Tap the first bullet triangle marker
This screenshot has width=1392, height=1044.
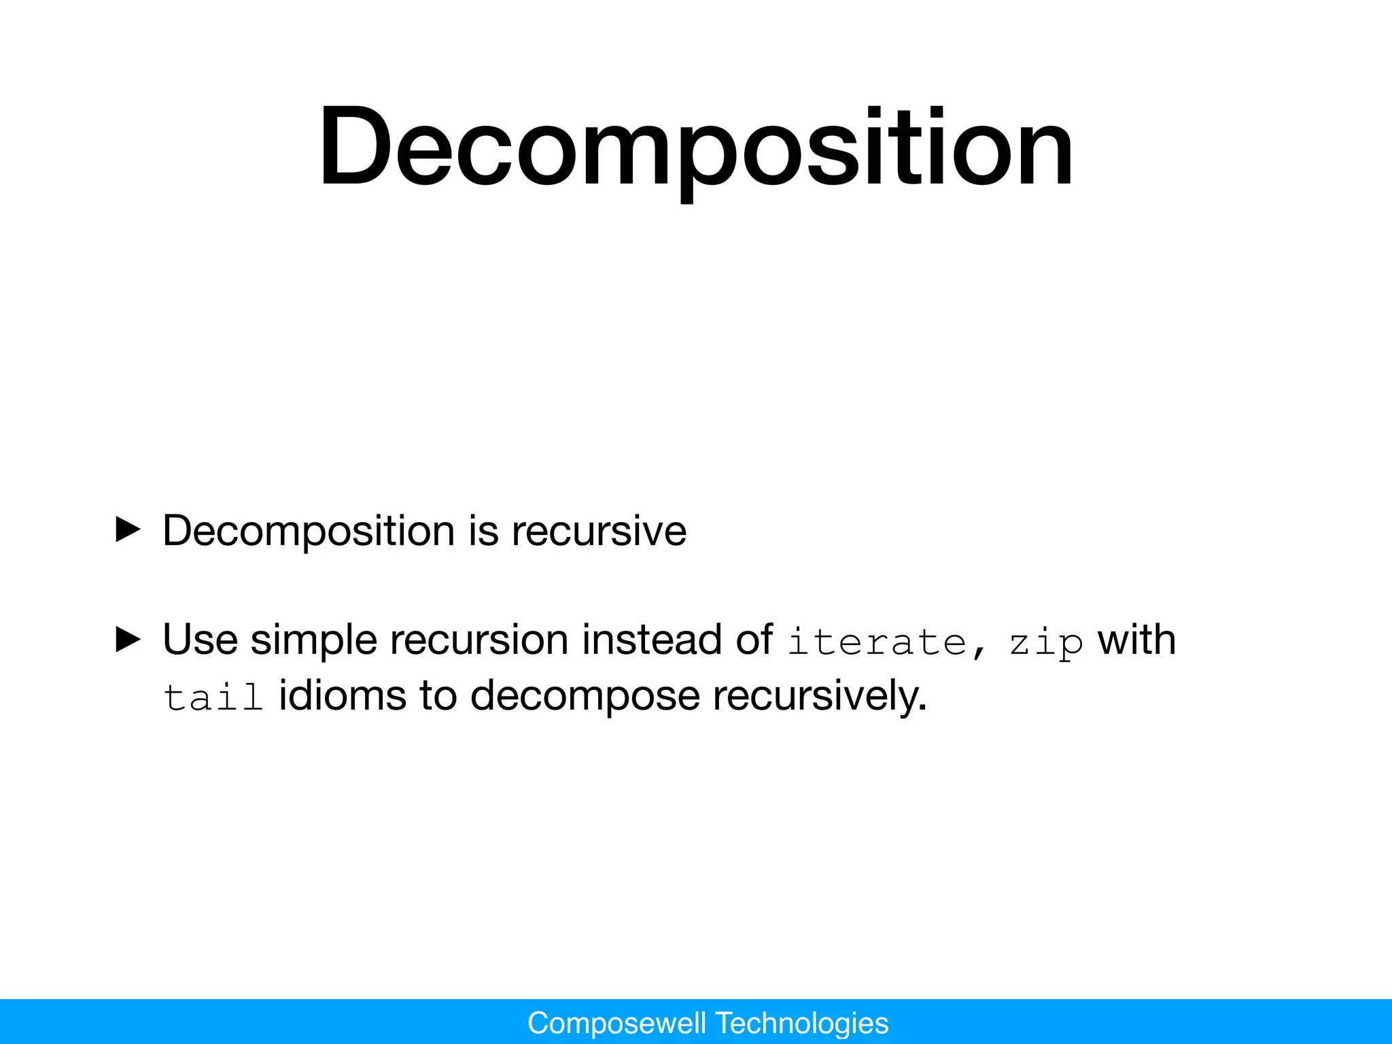(128, 529)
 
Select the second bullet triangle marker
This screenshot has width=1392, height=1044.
(128, 640)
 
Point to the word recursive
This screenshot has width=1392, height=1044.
(599, 531)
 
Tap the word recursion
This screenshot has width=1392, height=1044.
(479, 640)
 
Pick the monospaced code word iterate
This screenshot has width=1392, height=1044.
(877, 642)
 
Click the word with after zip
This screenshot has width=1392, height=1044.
(1137, 640)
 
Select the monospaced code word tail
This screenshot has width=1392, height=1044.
(213, 697)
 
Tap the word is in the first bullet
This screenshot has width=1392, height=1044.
(483, 531)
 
